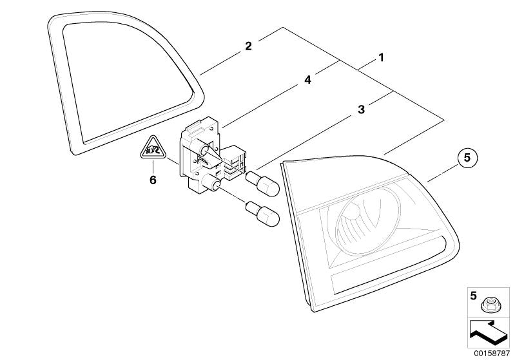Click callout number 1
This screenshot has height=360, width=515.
click(381, 58)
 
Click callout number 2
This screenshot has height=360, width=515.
click(248, 46)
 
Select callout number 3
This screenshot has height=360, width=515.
click(361, 109)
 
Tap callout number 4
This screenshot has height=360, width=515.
click(307, 80)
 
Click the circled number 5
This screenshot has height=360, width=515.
click(467, 158)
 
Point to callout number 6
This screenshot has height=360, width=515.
click(153, 180)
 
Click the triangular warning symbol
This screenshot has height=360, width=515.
click(153, 148)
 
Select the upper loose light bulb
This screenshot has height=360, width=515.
click(262, 184)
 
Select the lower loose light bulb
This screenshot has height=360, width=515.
click(262, 214)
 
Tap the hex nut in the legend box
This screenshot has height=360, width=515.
click(488, 305)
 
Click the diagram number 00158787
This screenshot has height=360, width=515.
click(492, 354)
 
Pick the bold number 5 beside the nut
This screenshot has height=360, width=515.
click(473, 296)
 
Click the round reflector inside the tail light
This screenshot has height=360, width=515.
click(368, 222)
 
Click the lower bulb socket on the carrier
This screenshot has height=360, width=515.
click(212, 183)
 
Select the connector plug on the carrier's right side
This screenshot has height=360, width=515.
click(235, 162)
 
